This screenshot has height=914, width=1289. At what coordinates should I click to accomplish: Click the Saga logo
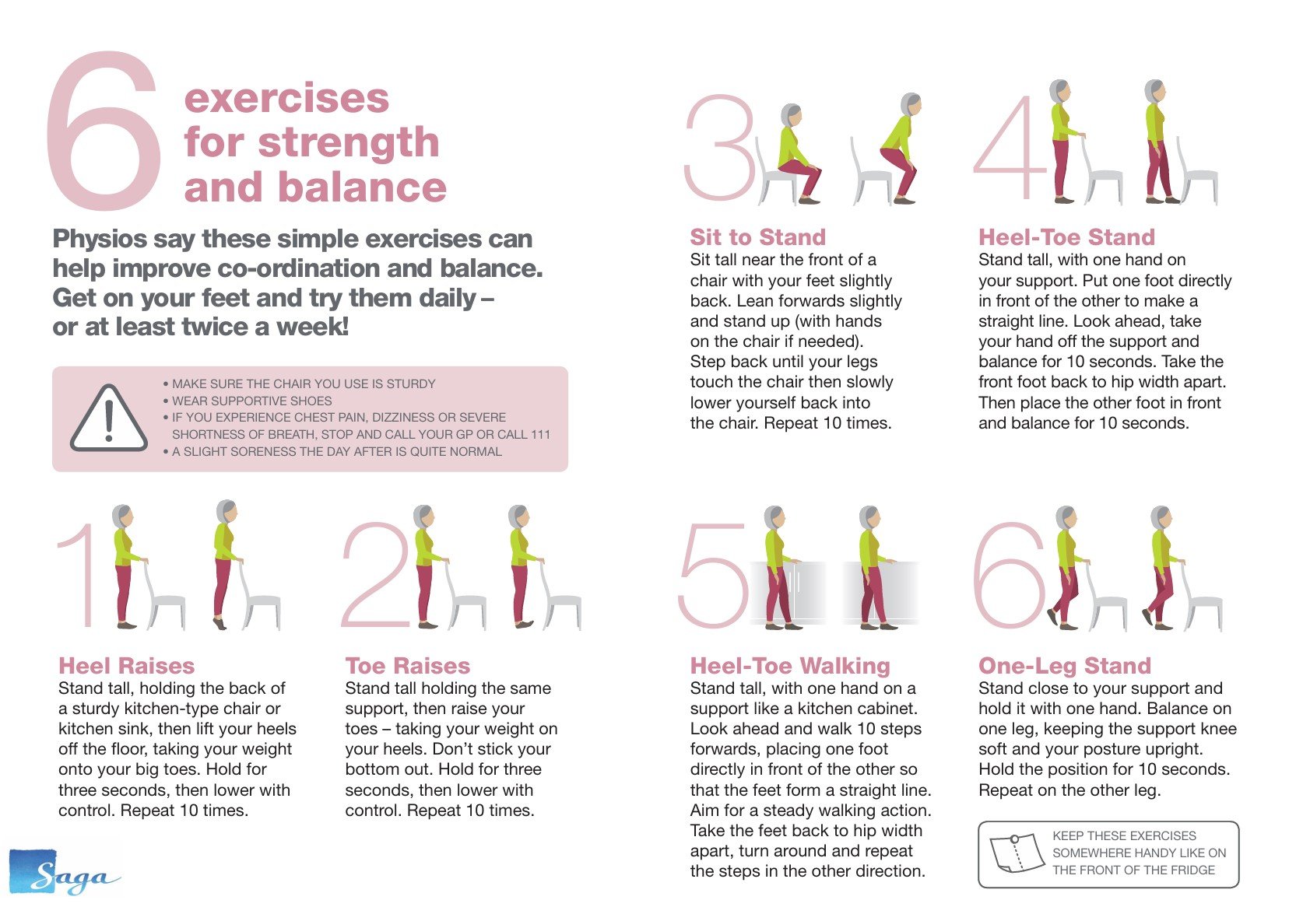click(65, 872)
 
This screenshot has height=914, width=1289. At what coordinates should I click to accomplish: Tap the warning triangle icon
click(109, 418)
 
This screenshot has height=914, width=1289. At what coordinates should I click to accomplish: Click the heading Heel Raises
click(127, 666)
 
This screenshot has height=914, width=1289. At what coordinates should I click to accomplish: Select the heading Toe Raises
click(407, 666)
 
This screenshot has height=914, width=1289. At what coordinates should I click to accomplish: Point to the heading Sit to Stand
click(758, 237)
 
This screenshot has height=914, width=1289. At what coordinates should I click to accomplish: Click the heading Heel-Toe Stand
click(1067, 237)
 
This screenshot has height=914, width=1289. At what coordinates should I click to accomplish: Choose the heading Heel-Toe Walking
click(790, 666)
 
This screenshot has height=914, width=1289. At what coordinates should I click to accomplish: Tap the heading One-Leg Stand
click(1065, 666)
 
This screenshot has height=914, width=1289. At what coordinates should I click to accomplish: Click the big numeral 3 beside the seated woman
click(719, 147)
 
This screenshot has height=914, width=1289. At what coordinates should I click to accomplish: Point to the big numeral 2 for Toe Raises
click(377, 574)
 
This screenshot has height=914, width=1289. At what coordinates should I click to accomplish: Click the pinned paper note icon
click(1017, 853)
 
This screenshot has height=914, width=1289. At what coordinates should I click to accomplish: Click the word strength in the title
click(349, 142)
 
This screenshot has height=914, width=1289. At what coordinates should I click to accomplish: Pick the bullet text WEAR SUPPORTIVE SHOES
click(252, 401)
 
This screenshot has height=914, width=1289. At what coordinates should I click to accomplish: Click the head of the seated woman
click(791, 116)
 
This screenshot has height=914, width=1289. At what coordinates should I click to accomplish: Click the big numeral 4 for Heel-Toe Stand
click(1010, 147)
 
